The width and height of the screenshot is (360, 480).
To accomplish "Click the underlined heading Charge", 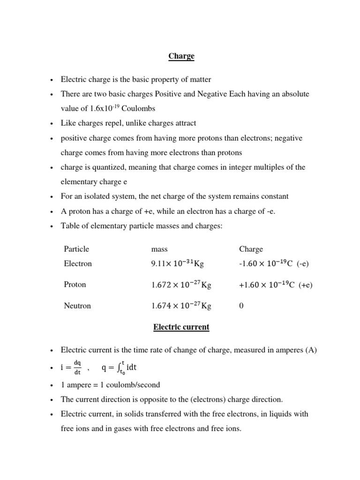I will (x=181, y=56).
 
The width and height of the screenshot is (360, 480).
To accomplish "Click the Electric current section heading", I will (x=181, y=327).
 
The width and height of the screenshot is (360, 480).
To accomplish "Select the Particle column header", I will (x=76, y=249).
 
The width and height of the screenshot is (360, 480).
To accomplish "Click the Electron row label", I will (x=78, y=263).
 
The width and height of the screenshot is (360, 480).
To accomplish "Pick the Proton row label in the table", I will (x=75, y=285).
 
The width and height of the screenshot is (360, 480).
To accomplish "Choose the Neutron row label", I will (x=77, y=306).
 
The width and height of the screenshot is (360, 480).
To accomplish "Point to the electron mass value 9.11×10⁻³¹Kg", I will (x=177, y=264).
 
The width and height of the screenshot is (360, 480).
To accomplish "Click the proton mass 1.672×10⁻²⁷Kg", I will (x=181, y=285).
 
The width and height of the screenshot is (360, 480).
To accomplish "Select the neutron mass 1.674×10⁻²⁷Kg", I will (x=181, y=306).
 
